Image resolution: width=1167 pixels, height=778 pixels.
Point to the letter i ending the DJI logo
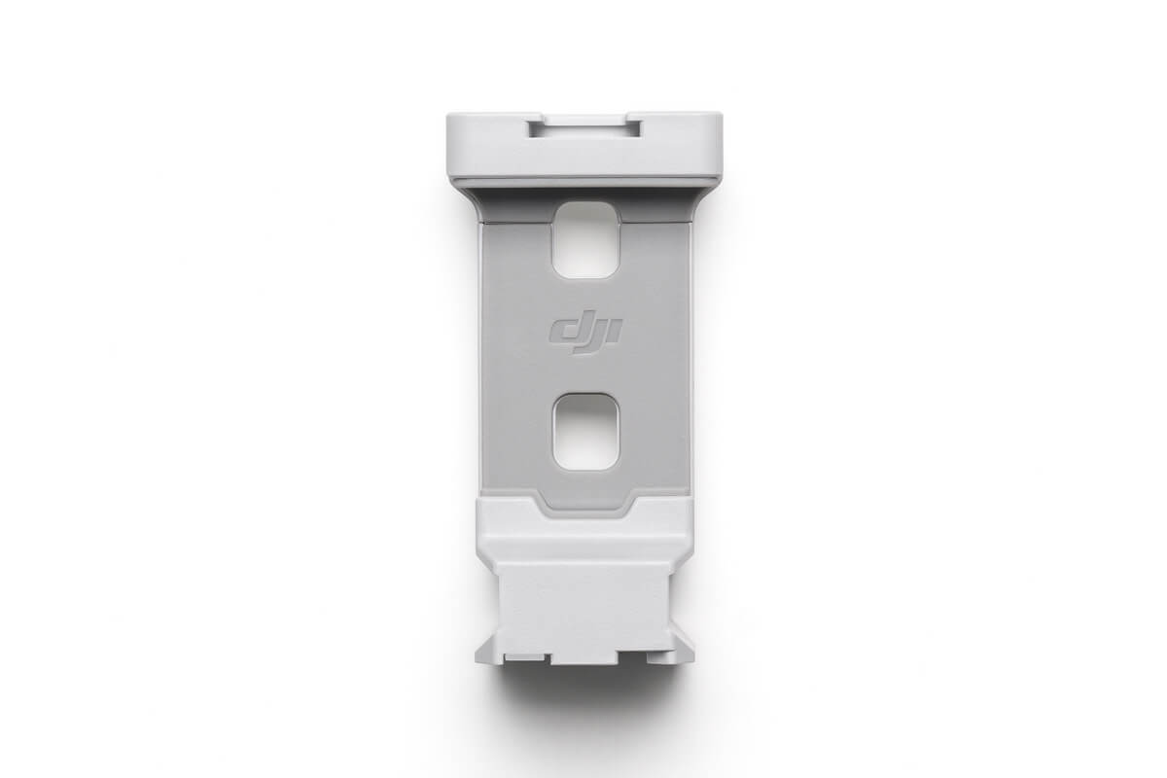coord(616,334)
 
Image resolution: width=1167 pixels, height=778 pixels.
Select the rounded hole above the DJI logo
coord(585,240)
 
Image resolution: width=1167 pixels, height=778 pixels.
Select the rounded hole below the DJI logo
coord(585,432)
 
